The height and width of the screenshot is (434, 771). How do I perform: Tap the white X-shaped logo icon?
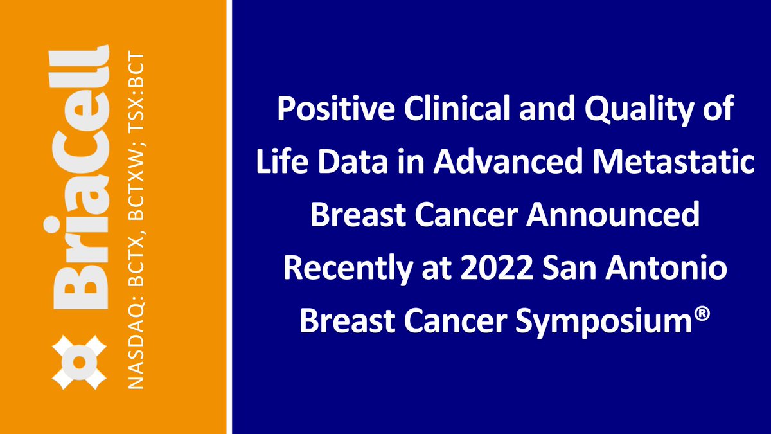click(x=79, y=362)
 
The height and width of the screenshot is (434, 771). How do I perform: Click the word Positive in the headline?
click(x=336, y=109)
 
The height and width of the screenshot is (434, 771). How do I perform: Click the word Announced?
click(x=613, y=214)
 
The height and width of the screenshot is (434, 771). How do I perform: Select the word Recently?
click(x=348, y=269)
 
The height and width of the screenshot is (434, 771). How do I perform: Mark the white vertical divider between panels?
click(x=229, y=217)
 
